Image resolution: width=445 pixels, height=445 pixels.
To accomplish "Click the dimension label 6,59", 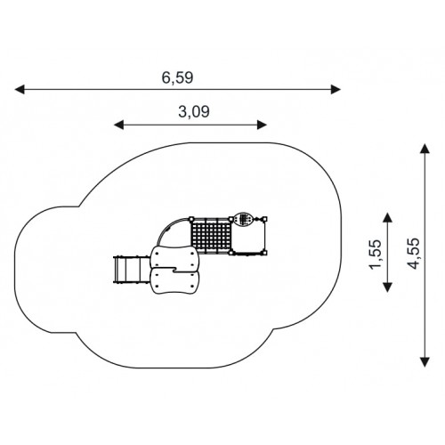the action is (x=177, y=78).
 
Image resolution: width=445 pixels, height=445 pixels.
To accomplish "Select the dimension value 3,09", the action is (x=194, y=112).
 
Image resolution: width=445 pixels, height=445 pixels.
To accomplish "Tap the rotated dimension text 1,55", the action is (x=375, y=255).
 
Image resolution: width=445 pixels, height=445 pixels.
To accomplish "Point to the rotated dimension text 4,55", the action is (x=414, y=254).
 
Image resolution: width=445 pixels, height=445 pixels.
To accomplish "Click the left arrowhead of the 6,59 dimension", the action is (x=20, y=89).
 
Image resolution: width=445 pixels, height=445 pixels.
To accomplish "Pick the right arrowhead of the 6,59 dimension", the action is (x=336, y=89).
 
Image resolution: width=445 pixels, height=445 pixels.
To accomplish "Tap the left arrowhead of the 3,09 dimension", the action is (x=119, y=125).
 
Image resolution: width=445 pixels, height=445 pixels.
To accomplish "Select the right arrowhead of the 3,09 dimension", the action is (x=262, y=125).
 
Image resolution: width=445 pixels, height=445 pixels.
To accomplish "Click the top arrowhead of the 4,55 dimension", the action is (x=425, y=149).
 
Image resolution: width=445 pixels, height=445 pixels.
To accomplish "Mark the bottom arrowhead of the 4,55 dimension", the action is (x=425, y=362).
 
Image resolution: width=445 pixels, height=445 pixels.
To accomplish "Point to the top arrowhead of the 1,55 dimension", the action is (x=387, y=217).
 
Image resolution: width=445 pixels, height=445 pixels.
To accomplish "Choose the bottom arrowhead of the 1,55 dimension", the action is (x=387, y=287).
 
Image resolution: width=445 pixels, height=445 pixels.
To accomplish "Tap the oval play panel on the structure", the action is (x=243, y=220).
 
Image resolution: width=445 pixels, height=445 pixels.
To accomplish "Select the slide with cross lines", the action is (x=132, y=269).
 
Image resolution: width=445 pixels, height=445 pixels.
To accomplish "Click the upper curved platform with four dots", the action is (x=174, y=257).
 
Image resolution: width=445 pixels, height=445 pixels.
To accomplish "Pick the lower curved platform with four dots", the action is (x=174, y=281).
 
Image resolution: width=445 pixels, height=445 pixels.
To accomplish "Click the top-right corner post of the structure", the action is (x=264, y=219).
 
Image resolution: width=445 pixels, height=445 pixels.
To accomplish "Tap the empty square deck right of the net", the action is (x=248, y=237).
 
